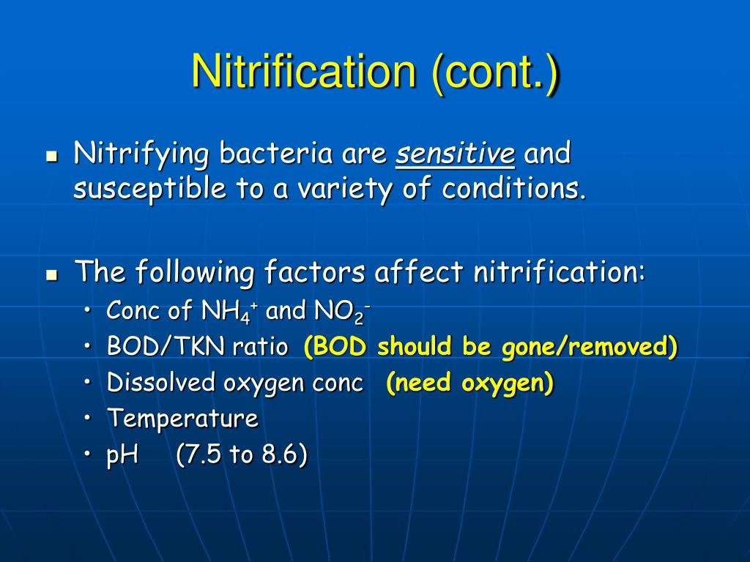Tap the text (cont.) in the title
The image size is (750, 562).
tap(496, 72)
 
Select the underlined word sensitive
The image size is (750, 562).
tap(455, 154)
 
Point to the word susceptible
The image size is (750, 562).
tap(149, 189)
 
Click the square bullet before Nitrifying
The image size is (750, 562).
tap(51, 157)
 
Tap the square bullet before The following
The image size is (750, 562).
tap(51, 274)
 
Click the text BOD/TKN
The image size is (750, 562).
tap(167, 347)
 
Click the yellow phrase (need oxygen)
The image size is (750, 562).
tap(469, 383)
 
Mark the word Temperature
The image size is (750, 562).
tap(182, 419)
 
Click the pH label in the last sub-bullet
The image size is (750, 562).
tap(123, 455)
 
